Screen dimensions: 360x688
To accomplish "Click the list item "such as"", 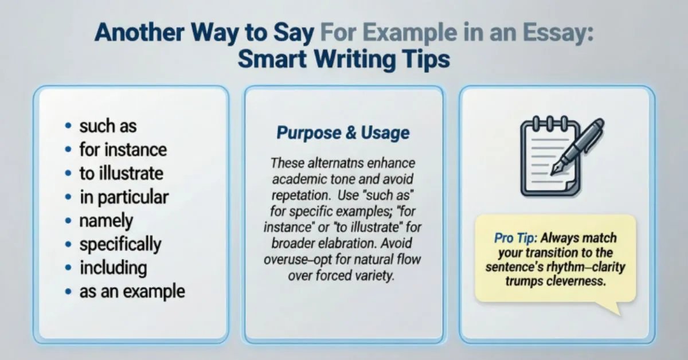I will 108,126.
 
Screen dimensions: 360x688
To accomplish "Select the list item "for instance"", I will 123,150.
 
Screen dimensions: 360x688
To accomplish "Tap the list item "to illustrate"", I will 122,173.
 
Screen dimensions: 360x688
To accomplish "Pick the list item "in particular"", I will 124,197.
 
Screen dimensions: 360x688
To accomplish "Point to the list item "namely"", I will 106,221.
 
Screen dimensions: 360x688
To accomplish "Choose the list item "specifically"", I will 120,245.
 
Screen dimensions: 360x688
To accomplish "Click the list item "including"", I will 113,268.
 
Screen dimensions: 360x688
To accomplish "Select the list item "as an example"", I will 132,291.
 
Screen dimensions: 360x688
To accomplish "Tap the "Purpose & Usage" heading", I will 343,134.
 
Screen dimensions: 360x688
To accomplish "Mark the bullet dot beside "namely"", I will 69,221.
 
